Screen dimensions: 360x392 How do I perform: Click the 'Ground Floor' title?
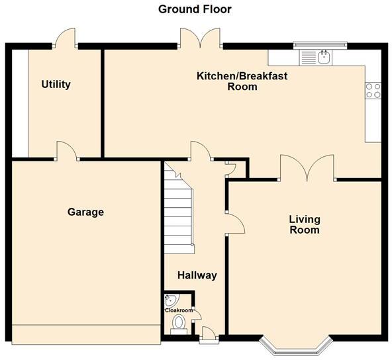(x=195, y=9)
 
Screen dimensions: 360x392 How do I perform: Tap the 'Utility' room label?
(x=56, y=85)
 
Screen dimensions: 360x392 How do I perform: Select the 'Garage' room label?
(x=85, y=212)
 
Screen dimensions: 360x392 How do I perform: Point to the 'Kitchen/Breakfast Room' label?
(x=242, y=81)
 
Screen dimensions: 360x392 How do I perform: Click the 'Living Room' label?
(x=304, y=224)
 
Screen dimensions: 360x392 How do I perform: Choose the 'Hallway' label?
(x=197, y=275)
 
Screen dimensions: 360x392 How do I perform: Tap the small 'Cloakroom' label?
(x=179, y=310)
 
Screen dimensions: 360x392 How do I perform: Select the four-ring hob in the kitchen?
(x=373, y=90)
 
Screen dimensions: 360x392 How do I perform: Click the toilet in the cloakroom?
(x=177, y=323)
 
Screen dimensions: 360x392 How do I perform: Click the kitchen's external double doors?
(x=200, y=38)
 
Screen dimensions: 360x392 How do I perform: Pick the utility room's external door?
(x=65, y=39)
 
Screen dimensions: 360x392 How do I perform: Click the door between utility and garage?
(x=67, y=152)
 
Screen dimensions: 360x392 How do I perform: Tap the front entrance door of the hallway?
(x=209, y=334)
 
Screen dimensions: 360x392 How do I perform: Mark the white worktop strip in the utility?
(x=20, y=103)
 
